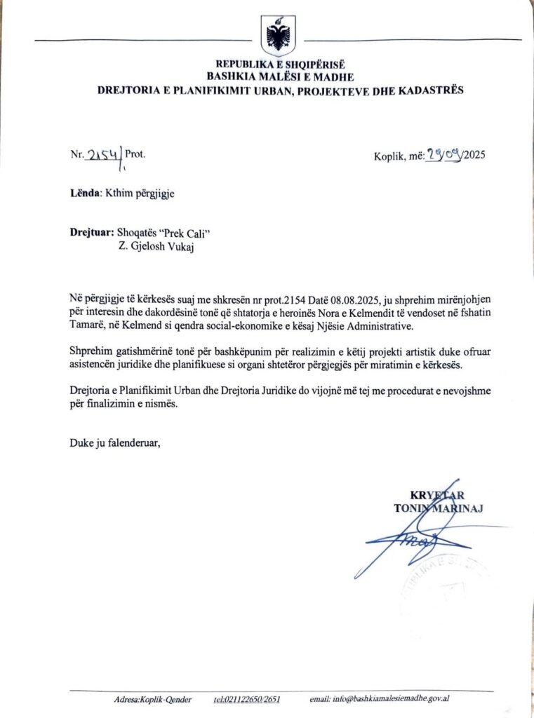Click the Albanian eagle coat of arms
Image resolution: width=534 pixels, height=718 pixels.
coord(278,36)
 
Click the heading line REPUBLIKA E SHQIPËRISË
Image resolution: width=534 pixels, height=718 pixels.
coord(280,65)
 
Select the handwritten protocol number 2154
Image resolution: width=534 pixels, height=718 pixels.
coord(102,154)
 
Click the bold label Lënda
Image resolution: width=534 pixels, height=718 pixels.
coord(85,193)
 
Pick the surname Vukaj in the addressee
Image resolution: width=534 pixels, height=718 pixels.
coord(174,246)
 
